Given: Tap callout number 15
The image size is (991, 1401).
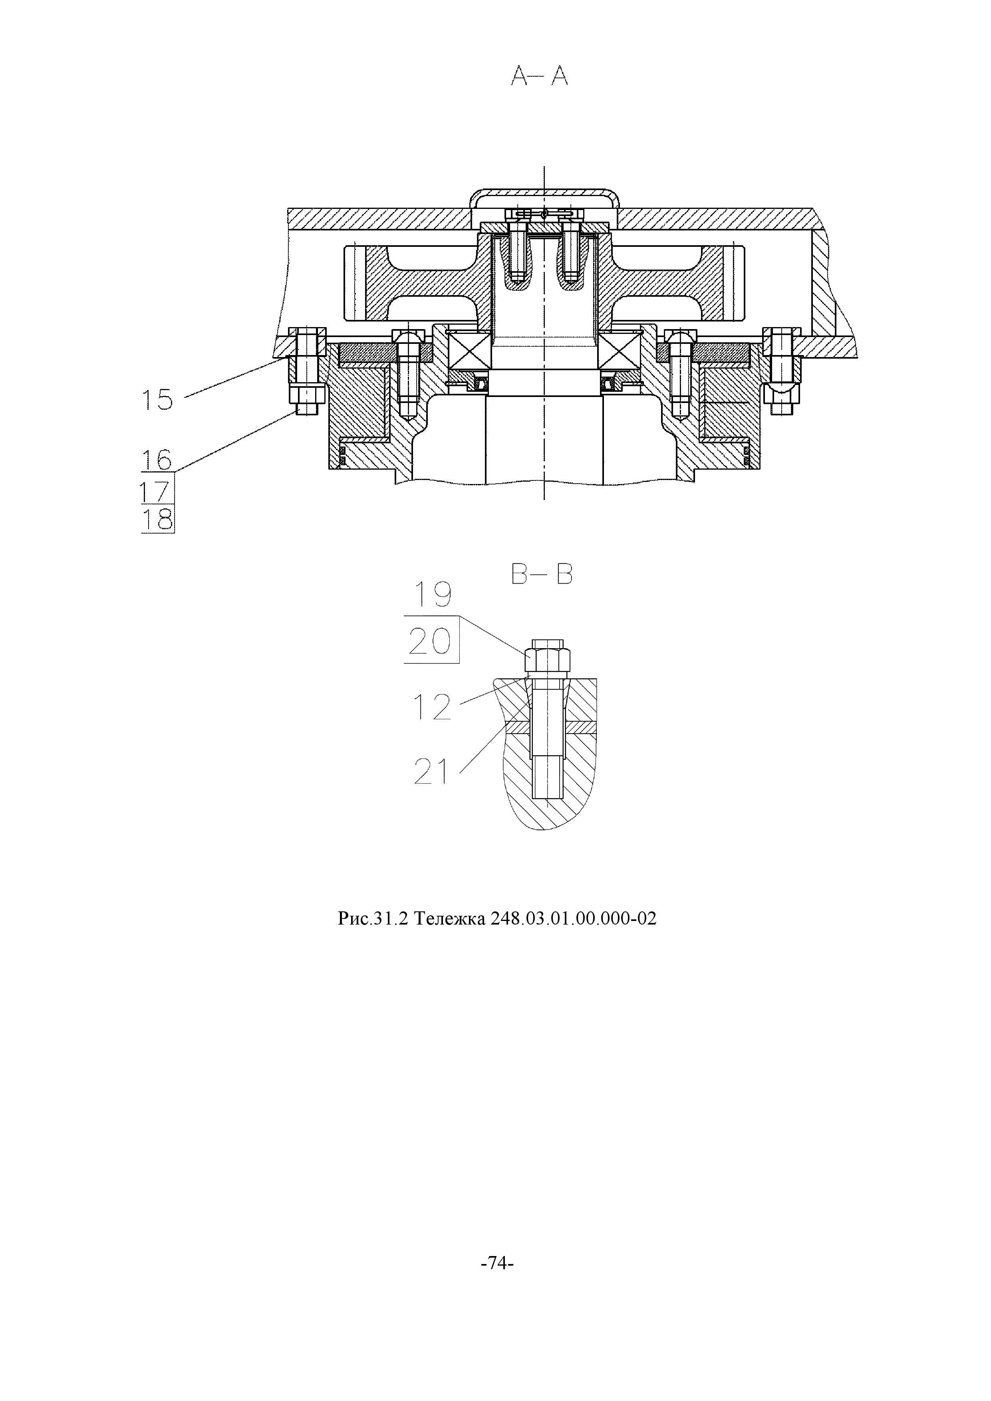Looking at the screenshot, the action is pos(157,400).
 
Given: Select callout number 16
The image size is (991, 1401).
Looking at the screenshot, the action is pos(157,459).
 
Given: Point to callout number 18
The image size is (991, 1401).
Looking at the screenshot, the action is pos(157,520).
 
